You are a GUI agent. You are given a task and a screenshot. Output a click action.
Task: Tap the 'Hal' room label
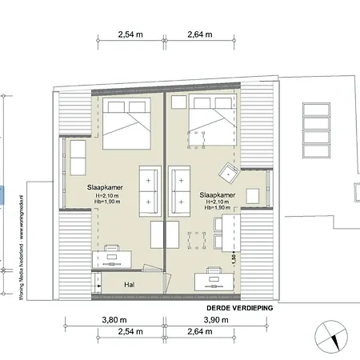tap(128, 284)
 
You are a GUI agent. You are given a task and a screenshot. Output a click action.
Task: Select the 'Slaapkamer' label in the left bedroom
tap(104, 186)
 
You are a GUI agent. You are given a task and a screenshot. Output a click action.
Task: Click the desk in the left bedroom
tap(111, 258)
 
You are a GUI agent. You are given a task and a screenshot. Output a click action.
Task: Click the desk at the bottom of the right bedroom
tap(214, 278)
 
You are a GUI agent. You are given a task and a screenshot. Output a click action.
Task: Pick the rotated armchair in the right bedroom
tap(230, 170)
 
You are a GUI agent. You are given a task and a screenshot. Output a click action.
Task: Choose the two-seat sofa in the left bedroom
tap(149, 191)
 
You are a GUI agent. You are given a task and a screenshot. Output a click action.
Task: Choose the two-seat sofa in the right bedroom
tap(179, 191)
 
